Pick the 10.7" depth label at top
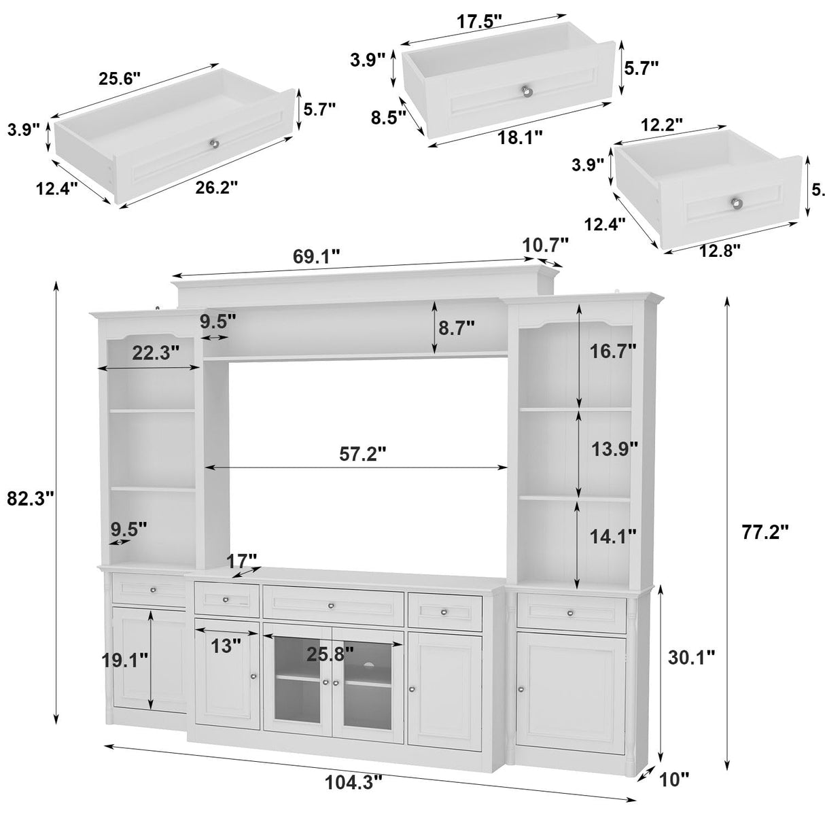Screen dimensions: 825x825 click(x=545, y=243)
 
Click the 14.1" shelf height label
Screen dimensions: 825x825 click(x=612, y=536)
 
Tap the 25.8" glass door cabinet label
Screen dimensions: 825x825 click(x=330, y=654)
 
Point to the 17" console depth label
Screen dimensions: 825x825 click(x=243, y=561)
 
